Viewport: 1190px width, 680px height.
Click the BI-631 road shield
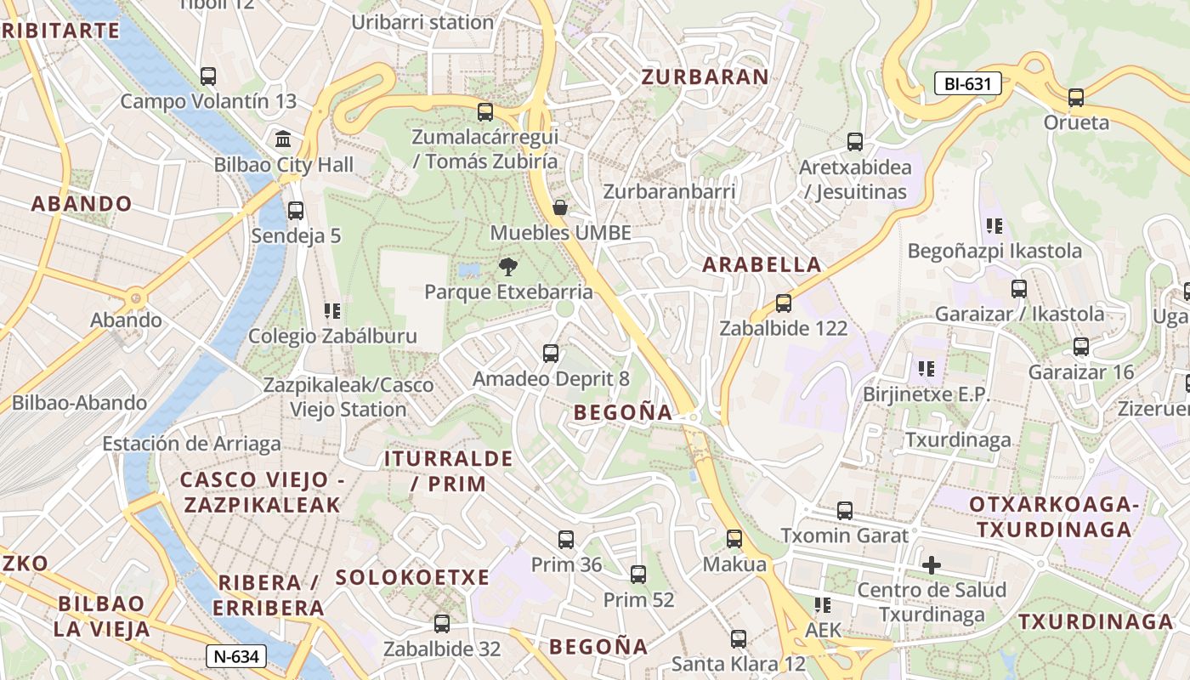click(x=967, y=84)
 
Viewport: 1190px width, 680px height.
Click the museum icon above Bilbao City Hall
click(x=283, y=139)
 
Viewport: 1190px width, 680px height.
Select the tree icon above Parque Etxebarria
click(x=508, y=267)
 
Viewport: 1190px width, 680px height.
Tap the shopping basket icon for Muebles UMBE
click(x=560, y=207)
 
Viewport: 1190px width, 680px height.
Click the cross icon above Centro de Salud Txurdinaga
click(x=932, y=564)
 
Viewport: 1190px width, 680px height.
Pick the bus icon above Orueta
click(x=1076, y=98)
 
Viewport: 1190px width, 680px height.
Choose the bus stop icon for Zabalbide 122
click(x=784, y=303)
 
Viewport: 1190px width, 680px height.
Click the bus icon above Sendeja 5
click(x=296, y=211)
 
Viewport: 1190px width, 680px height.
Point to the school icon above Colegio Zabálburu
click(x=332, y=311)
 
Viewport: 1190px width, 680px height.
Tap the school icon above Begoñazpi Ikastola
click(x=994, y=226)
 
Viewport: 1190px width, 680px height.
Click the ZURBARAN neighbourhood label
click(x=705, y=76)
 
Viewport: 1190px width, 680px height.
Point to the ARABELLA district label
click(x=762, y=264)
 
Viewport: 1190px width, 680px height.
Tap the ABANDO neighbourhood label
click(x=82, y=204)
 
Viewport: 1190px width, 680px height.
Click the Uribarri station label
click(x=422, y=23)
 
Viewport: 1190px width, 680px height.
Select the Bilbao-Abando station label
click(x=79, y=403)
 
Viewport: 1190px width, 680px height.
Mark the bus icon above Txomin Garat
click(x=845, y=511)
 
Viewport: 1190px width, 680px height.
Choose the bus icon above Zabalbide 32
click(x=442, y=624)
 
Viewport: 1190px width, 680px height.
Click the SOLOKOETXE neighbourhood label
click(x=412, y=577)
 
